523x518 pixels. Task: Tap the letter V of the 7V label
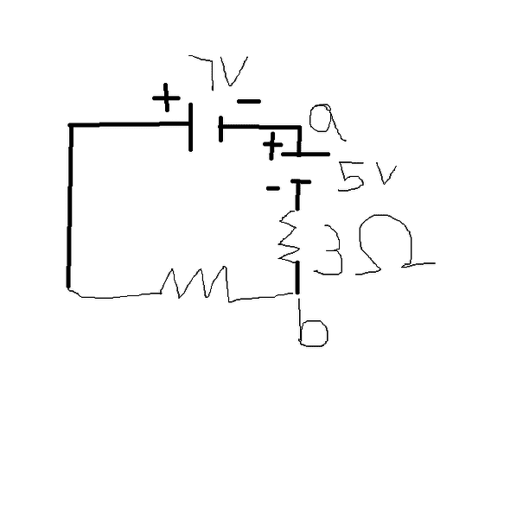pyautogui.click(x=234, y=73)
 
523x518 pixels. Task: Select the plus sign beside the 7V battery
pyautogui.click(x=166, y=98)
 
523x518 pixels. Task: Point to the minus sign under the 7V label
pyautogui.click(x=248, y=101)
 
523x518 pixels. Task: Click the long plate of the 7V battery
pyautogui.click(x=190, y=127)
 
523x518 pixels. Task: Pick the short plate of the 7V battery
pyautogui.click(x=220, y=129)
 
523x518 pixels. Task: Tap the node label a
pyautogui.click(x=325, y=122)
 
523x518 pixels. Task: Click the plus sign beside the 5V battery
pyautogui.click(x=272, y=145)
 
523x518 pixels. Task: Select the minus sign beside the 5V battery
pyautogui.click(x=273, y=188)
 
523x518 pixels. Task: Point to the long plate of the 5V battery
pyautogui.click(x=305, y=155)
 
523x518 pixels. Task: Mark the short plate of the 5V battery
pyautogui.click(x=301, y=182)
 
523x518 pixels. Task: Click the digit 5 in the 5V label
pyautogui.click(x=351, y=176)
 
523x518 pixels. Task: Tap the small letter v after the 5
pyautogui.click(x=386, y=174)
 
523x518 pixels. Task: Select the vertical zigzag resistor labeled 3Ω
pyautogui.click(x=289, y=237)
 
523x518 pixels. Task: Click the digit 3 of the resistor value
pyautogui.click(x=329, y=250)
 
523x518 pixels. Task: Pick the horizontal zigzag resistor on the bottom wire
pyautogui.click(x=195, y=284)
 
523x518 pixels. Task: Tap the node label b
pyautogui.click(x=312, y=328)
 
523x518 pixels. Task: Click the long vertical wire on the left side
pyautogui.click(x=70, y=206)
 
